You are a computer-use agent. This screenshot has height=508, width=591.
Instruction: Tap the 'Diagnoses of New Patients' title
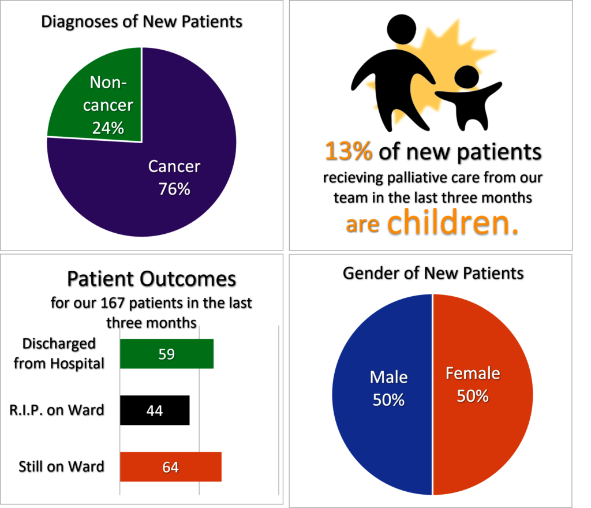tap(142, 21)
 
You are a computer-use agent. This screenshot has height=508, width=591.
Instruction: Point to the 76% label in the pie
tap(174, 189)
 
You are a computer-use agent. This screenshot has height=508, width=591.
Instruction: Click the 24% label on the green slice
tap(108, 128)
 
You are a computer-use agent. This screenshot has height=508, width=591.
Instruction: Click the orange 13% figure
tap(349, 151)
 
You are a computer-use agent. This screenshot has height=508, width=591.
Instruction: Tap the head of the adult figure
tap(402, 29)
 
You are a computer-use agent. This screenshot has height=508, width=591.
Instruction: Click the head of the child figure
tap(466, 77)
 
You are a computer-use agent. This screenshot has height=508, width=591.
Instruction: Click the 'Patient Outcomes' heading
tap(152, 279)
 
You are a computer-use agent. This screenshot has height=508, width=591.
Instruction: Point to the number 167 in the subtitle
tap(113, 302)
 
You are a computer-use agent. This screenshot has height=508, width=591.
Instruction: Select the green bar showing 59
tap(167, 353)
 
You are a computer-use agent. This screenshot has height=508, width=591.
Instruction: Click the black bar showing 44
tap(155, 410)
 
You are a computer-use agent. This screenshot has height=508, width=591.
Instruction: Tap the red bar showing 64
tap(171, 466)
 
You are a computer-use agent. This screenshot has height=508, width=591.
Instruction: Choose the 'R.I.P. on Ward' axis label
tap(57, 410)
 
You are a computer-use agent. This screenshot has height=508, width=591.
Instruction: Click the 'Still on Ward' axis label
tap(61, 466)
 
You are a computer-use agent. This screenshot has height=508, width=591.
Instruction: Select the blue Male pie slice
tap(382, 394)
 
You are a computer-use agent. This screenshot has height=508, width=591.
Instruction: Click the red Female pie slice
tap(483, 394)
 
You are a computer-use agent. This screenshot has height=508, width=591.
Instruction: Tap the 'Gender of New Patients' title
tap(433, 273)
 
